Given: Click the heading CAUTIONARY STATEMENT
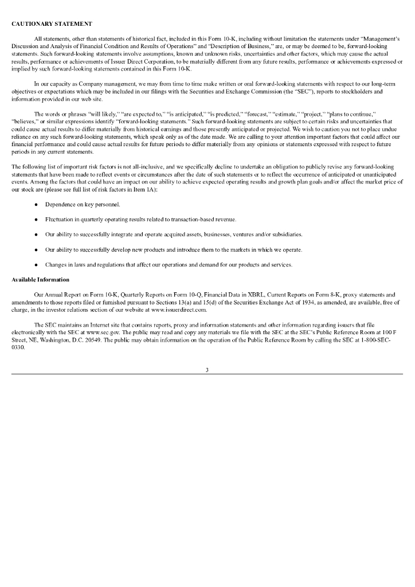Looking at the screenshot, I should pos(52,24).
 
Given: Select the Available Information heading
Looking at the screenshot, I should pos(40,280).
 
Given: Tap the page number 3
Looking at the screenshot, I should pos(207,370).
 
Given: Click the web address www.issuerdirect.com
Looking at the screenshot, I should pos(178,310).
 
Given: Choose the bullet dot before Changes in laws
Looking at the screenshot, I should pos(36,265).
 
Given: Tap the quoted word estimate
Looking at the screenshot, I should pos(271,114).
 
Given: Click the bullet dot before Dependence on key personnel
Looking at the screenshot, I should pos(36,205).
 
